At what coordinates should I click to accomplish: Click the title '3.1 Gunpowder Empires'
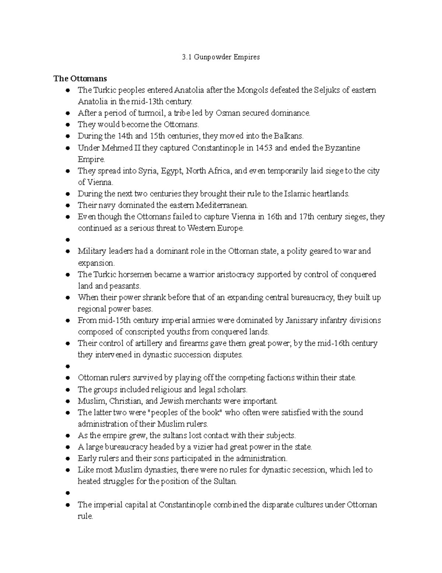[x=221, y=57]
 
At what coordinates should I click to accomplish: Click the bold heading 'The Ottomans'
[x=80, y=79]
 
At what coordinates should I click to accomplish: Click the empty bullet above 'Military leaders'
[x=67, y=240]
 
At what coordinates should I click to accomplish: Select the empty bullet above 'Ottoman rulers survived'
[x=67, y=366]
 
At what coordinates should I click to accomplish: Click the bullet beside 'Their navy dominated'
[x=67, y=205]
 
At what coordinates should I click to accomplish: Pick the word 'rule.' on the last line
[x=85, y=517]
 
